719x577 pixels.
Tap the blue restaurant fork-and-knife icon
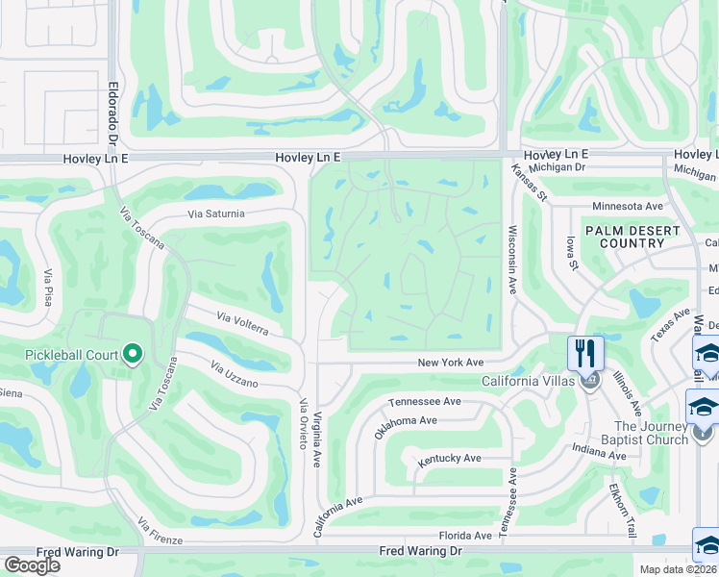click(x=584, y=352)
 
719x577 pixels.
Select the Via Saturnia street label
click(x=216, y=213)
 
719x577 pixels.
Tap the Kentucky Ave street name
click(x=449, y=461)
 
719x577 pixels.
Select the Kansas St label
click(x=529, y=183)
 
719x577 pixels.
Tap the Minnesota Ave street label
click(x=628, y=206)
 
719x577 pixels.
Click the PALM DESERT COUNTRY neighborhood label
click(x=632, y=237)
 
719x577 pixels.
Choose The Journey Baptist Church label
click(x=651, y=433)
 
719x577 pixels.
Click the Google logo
click(x=32, y=564)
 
